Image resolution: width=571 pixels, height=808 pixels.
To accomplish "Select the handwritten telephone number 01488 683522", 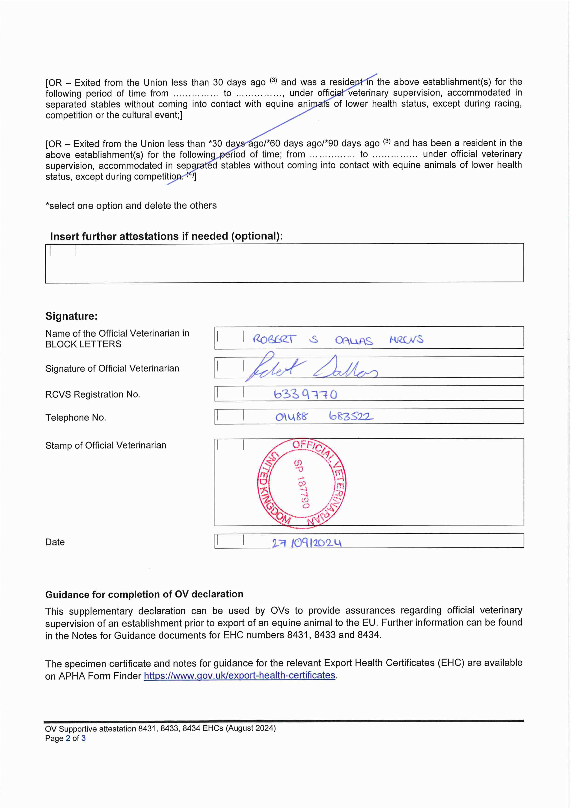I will [324, 417].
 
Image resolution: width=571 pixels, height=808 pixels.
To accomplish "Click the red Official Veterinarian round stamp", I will [302, 483].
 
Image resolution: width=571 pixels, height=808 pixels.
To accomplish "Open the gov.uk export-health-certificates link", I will [239, 675].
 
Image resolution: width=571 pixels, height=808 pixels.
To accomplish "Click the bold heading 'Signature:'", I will [71, 316].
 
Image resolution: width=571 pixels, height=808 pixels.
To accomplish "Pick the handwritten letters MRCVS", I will [406, 339].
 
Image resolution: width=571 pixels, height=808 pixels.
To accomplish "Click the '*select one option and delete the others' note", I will [131, 206].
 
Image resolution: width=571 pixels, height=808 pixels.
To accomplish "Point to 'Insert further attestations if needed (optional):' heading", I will [166, 236].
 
